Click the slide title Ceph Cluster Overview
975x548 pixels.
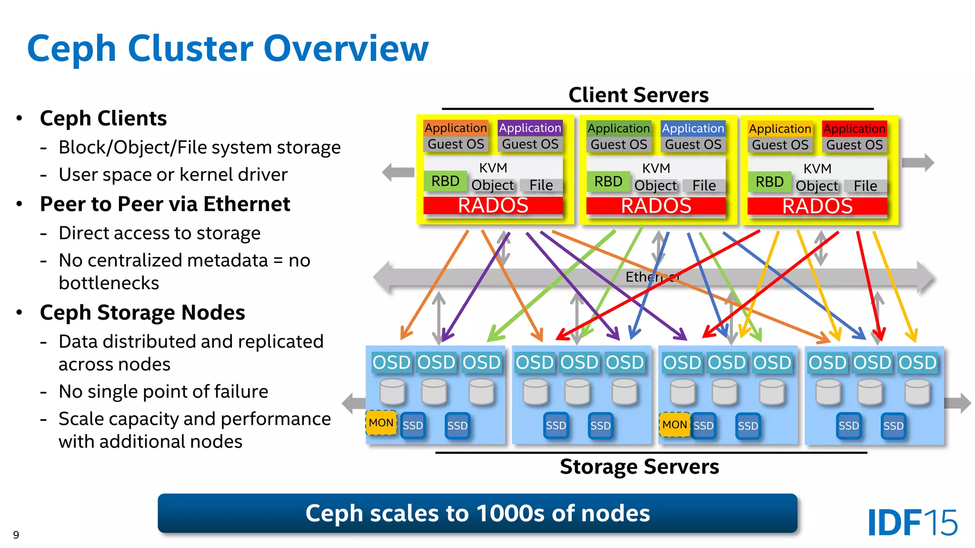pyautogui.click(x=228, y=49)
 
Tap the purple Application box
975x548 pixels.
pyautogui.click(x=530, y=128)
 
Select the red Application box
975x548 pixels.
pyautogui.click(x=854, y=129)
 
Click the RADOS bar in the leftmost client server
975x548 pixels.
pyautogui.click(x=493, y=205)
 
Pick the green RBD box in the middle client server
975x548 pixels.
pyautogui.click(x=608, y=182)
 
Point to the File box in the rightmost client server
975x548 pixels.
pyautogui.click(x=865, y=186)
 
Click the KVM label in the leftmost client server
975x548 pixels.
pyautogui.click(x=493, y=168)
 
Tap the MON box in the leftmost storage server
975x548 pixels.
pyautogui.click(x=381, y=423)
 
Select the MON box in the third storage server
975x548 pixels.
pyautogui.click(x=674, y=424)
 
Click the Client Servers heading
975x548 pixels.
pyautogui.click(x=638, y=95)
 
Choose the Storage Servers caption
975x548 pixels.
pyautogui.click(x=639, y=467)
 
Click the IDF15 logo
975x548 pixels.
pyautogui.click(x=912, y=523)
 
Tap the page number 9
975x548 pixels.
pyautogui.click(x=16, y=535)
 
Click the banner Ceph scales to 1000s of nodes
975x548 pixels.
pyautogui.click(x=477, y=513)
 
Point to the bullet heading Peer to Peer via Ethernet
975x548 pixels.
pyautogui.click(x=165, y=204)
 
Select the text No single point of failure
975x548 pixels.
pyautogui.click(x=163, y=391)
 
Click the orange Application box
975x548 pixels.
pyautogui.click(x=456, y=128)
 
